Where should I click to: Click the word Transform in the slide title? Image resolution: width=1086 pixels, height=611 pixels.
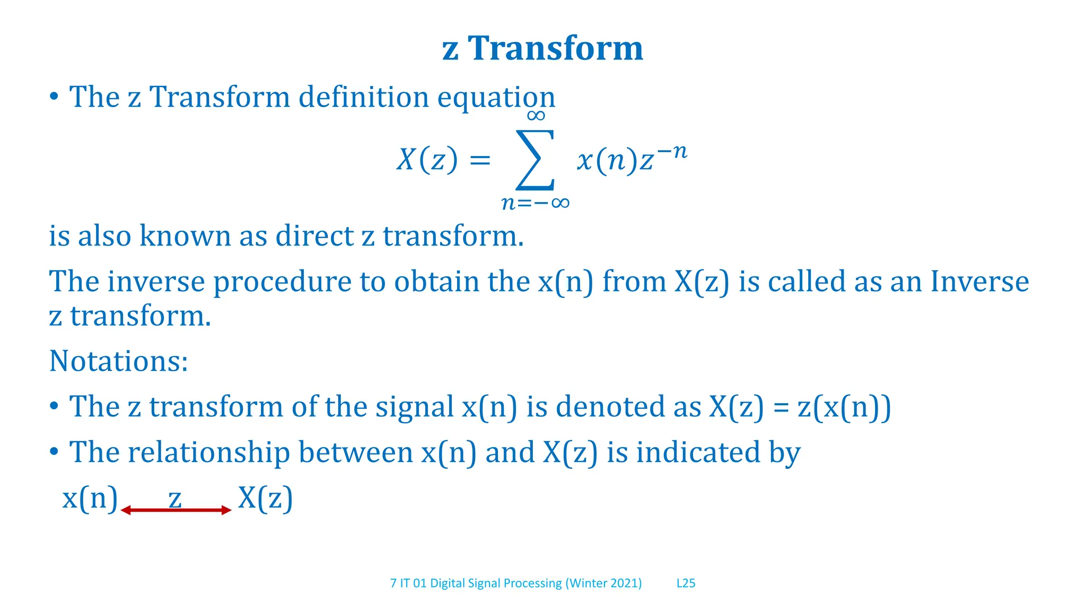tap(555, 49)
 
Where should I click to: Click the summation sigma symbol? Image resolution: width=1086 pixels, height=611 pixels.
tap(535, 160)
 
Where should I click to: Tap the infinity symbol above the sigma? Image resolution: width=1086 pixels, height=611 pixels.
tap(536, 116)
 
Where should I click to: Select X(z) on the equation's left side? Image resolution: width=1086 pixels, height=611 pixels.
tap(427, 160)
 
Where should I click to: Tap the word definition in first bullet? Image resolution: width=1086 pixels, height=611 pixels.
tap(363, 98)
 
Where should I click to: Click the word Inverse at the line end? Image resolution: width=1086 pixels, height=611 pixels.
tap(979, 282)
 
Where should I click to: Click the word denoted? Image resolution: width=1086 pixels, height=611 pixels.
tap(610, 407)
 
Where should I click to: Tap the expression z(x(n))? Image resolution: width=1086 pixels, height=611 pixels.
tap(844, 407)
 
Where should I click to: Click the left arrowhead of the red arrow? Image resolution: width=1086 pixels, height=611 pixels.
tap(126, 510)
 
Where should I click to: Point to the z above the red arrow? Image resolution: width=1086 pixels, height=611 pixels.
tap(175, 499)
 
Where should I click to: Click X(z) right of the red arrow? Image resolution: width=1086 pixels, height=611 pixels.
tap(265, 499)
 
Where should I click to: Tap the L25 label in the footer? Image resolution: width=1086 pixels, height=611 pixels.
tap(686, 583)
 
